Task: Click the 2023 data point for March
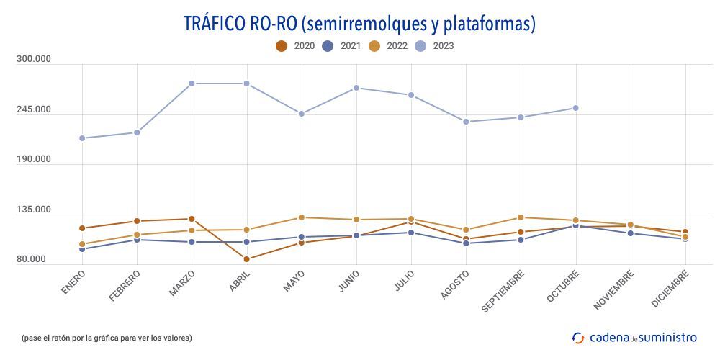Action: point(192,84)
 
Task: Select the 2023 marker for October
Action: point(576,108)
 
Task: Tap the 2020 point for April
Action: point(246,259)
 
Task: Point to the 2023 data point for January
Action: point(82,138)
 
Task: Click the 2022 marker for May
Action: point(302,217)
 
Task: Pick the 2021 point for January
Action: point(82,249)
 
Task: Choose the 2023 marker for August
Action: point(466,122)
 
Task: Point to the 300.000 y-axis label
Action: point(34,60)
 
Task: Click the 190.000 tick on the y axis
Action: point(34,159)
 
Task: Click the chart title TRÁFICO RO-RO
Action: point(360,24)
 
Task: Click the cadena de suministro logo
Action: point(634,337)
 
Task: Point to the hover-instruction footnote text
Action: point(107,338)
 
